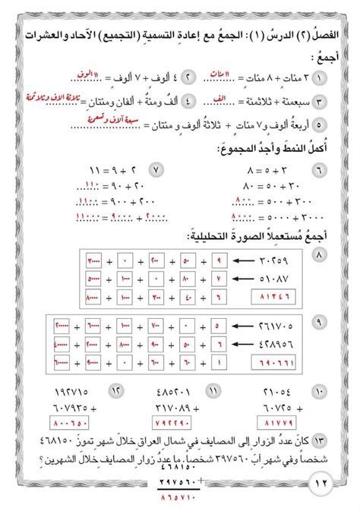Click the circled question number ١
[339, 79]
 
